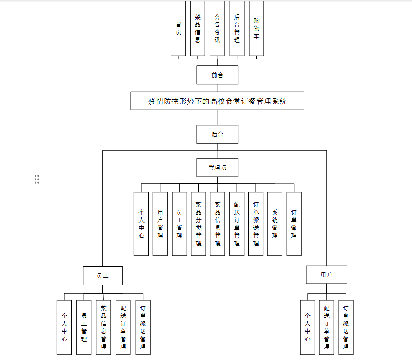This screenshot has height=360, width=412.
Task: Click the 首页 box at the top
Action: tap(178, 28)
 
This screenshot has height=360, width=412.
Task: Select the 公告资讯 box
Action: tap(217, 28)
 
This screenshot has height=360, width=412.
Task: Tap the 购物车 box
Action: tap(256, 28)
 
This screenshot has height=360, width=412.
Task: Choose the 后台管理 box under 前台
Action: tap(237, 28)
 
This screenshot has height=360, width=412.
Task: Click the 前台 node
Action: tap(217, 75)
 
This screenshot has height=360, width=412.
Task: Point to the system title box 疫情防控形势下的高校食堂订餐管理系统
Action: tap(217, 101)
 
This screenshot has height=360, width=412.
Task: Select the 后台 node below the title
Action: tap(217, 134)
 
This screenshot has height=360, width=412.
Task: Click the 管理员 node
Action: tap(217, 167)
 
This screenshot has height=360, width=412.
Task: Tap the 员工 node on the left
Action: tap(102, 275)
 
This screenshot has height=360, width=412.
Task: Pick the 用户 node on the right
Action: tap(326, 274)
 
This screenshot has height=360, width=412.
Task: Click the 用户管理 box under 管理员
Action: tap(160, 223)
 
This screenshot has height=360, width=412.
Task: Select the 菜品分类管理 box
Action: tap(198, 223)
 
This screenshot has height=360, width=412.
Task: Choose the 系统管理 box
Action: tap(275, 223)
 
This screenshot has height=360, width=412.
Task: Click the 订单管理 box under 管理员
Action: tap(294, 223)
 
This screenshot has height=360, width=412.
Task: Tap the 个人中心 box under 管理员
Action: tap(141, 223)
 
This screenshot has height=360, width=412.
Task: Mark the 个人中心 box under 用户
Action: tap(307, 327)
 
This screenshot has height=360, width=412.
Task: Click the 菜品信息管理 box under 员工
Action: tap(103, 327)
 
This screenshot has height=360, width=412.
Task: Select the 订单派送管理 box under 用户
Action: tap(346, 327)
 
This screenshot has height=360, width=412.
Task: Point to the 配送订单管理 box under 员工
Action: tap(123, 327)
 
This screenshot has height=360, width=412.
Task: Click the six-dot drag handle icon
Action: tap(37, 179)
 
